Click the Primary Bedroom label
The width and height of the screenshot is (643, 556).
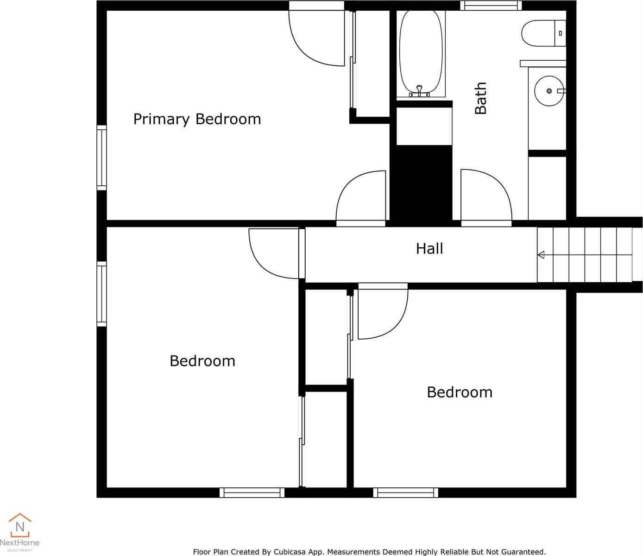[x=197, y=120]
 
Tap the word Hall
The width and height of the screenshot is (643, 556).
[x=429, y=249]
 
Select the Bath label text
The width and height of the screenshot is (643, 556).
[x=480, y=98]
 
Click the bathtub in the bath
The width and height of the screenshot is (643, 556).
[x=421, y=54]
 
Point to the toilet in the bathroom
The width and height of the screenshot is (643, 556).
[x=543, y=33]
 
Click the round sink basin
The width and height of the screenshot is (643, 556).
[x=549, y=91]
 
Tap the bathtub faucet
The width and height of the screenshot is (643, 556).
[x=419, y=91]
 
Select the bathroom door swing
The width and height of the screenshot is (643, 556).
[x=486, y=195]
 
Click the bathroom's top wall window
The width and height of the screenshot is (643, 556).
[x=491, y=5]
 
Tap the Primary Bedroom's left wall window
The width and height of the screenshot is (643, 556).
[x=102, y=158]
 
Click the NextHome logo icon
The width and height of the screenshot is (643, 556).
[x=20, y=525]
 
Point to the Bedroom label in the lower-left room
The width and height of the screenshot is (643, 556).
[x=202, y=361]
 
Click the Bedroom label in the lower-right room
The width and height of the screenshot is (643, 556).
[x=460, y=392]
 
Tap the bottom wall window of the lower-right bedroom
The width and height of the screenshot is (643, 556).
[x=406, y=493]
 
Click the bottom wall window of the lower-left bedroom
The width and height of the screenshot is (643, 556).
[x=252, y=493]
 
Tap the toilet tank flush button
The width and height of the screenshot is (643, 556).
[x=560, y=33]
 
